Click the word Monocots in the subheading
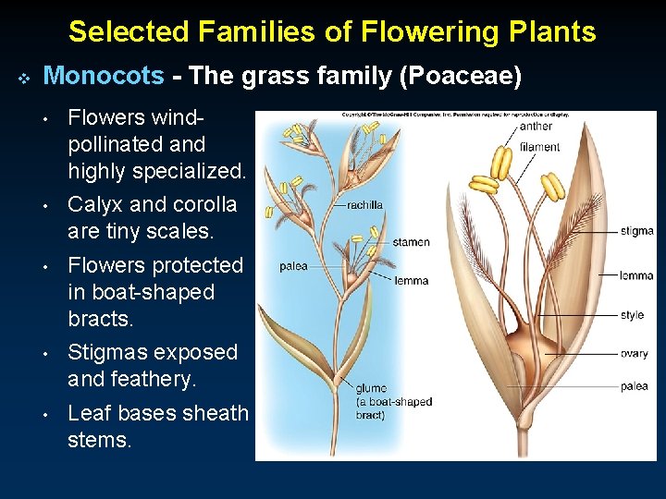[x=103, y=76]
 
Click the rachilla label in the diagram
[x=364, y=205]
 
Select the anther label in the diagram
[x=536, y=127]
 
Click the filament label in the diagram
[x=539, y=147]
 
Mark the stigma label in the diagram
[x=636, y=231]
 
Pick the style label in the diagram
[x=632, y=315]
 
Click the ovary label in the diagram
[x=634, y=354]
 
